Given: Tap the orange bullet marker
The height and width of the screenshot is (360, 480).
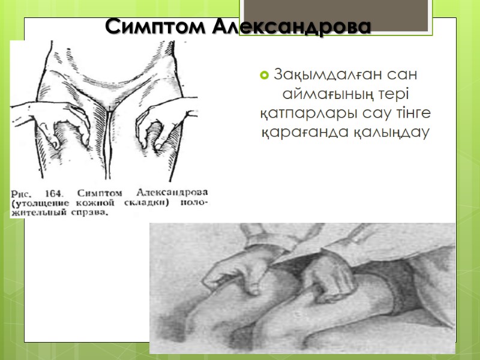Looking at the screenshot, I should coord(263,76).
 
